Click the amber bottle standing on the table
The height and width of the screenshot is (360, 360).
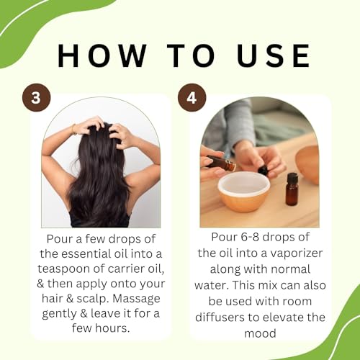[x=291, y=190]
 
